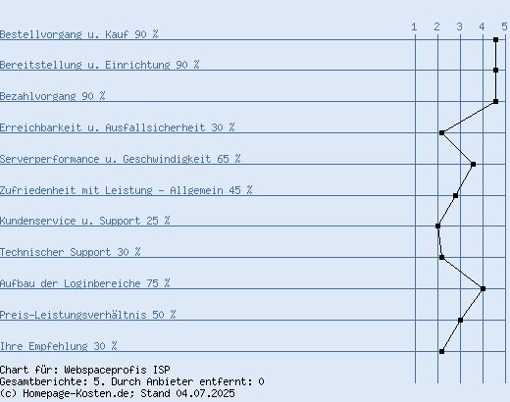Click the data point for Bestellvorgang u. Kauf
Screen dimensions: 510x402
(x=495, y=40)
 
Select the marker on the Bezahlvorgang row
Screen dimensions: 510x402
(x=495, y=102)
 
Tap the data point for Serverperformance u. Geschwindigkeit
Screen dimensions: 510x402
(x=473, y=164)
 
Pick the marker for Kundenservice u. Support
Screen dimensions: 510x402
(x=437, y=226)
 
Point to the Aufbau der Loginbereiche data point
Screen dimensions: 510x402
(x=483, y=288)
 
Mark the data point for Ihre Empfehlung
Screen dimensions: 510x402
(x=441, y=351)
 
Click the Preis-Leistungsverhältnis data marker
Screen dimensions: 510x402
(x=460, y=320)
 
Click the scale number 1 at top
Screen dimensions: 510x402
(x=414, y=26)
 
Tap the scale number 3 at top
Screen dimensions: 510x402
(x=459, y=26)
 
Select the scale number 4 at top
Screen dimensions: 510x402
(x=482, y=26)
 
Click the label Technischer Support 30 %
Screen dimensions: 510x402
(x=71, y=252)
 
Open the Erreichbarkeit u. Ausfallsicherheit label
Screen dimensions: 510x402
(x=118, y=127)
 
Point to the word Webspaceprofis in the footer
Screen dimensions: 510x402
(x=105, y=370)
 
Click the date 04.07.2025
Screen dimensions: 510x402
(x=205, y=393)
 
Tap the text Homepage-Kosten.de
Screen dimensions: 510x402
(x=78, y=393)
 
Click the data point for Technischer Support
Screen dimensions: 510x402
(x=441, y=257)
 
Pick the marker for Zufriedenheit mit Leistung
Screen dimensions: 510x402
(x=455, y=196)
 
